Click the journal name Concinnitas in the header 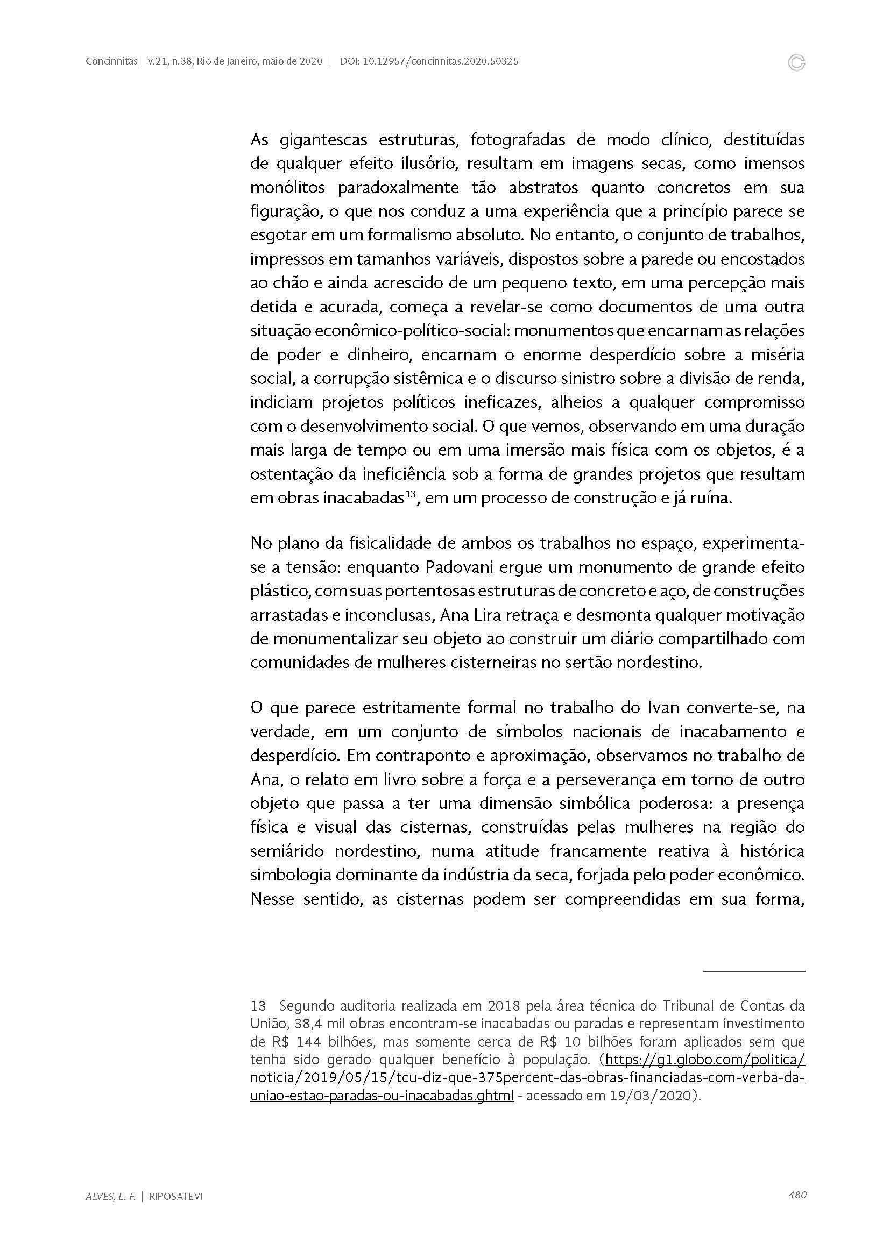[111, 62]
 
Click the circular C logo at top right [796, 63]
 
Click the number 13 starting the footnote [258, 1006]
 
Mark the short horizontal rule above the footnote [753, 972]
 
